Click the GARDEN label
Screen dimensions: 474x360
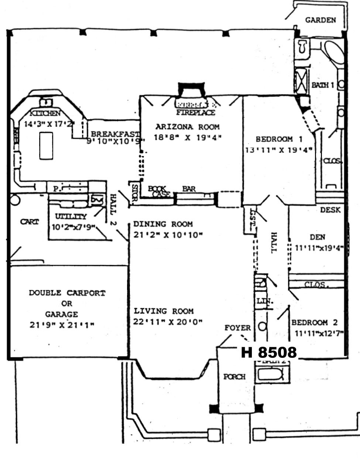coord(320,20)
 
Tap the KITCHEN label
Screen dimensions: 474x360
coord(45,113)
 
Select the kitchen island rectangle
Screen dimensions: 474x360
coord(46,146)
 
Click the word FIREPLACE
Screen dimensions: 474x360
coord(195,112)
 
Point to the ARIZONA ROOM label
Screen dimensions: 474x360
coord(188,127)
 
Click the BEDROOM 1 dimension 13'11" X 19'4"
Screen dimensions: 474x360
coord(279,150)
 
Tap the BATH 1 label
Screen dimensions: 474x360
coord(322,85)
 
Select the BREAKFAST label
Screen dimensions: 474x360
coord(115,134)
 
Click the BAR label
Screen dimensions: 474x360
coord(189,189)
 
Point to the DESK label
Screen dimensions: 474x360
coord(330,210)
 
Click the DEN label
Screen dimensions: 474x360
coord(318,237)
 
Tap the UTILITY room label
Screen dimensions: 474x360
coord(71,217)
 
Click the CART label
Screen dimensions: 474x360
coord(29,222)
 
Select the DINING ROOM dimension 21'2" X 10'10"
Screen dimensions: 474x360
coord(168,235)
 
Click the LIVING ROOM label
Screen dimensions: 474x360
coord(164,311)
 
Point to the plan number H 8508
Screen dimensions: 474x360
coord(268,352)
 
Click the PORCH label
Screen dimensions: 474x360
coord(234,377)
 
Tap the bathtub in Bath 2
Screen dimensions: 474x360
coord(270,374)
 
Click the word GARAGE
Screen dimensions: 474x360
coord(62,314)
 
